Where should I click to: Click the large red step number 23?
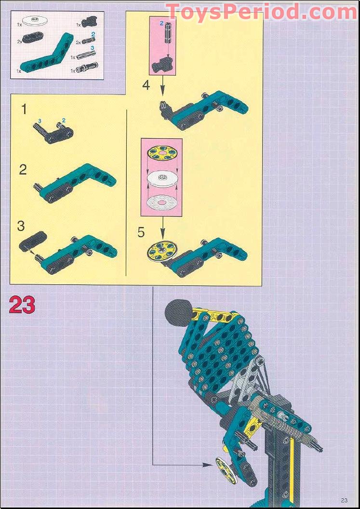pyautogui.click(x=22, y=305)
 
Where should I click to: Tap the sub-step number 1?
pyautogui.click(x=24, y=110)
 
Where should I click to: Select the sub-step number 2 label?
pyautogui.click(x=23, y=170)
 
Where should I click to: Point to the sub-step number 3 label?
pyautogui.click(x=21, y=226)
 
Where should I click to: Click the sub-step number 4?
pyautogui.click(x=146, y=85)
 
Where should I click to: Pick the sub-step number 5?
pyautogui.click(x=141, y=232)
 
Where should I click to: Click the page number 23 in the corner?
pyautogui.click(x=345, y=500)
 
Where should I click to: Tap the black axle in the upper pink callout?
pyautogui.click(x=168, y=32)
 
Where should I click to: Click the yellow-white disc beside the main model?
pyautogui.click(x=224, y=468)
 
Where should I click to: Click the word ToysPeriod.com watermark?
pyautogui.click(x=261, y=12)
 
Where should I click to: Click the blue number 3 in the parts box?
pyautogui.click(x=93, y=48)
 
